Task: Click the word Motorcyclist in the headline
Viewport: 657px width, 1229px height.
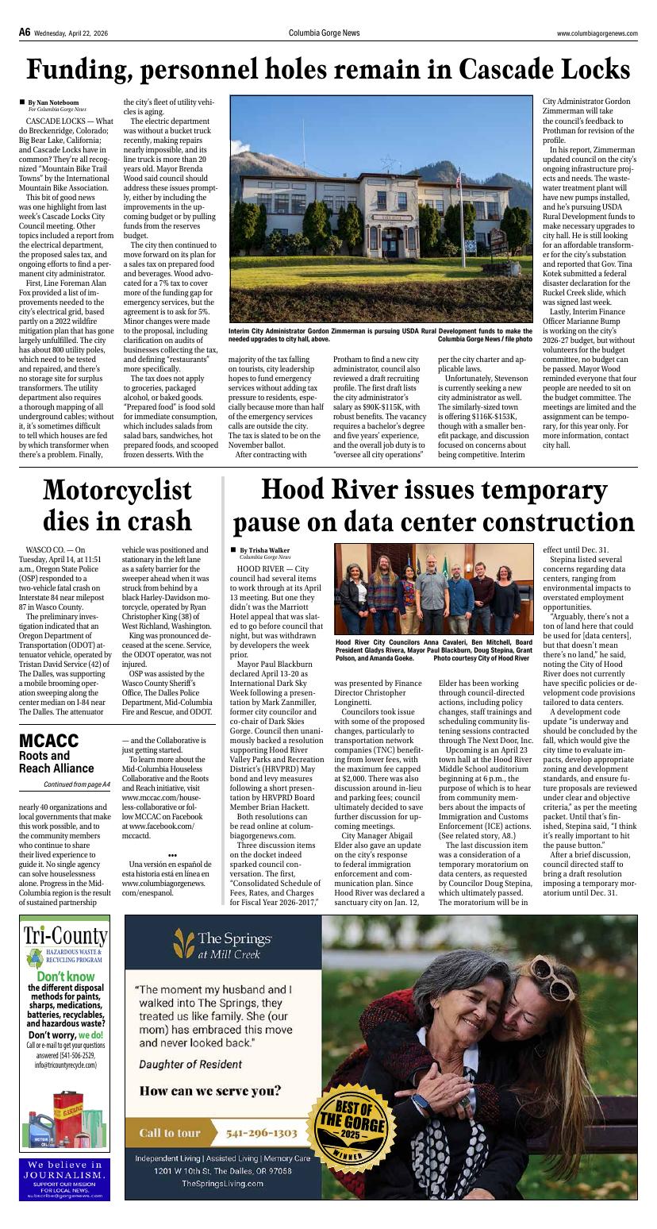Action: [x=117, y=491]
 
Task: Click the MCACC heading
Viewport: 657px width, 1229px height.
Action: [x=48, y=741]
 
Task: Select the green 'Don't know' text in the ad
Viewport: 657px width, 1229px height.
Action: [x=65, y=977]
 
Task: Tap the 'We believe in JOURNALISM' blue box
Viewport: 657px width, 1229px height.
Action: [x=65, y=1179]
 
